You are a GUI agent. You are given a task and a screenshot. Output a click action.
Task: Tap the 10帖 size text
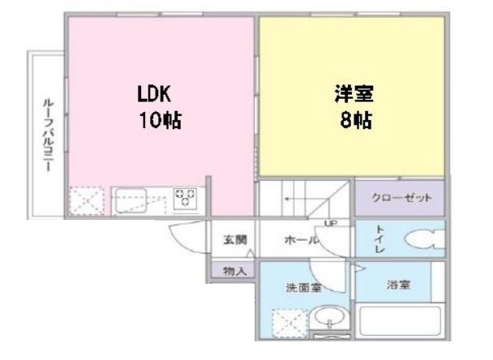click(158, 122)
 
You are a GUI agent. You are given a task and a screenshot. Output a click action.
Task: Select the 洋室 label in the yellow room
click(349, 94)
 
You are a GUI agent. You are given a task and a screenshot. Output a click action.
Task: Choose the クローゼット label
click(401, 198)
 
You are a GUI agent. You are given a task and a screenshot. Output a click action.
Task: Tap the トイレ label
click(382, 239)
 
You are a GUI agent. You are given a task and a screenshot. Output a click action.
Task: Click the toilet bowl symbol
click(423, 241)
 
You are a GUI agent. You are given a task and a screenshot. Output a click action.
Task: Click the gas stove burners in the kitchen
click(186, 198)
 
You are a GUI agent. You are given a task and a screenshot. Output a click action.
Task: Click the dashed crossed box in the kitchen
click(85, 200)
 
